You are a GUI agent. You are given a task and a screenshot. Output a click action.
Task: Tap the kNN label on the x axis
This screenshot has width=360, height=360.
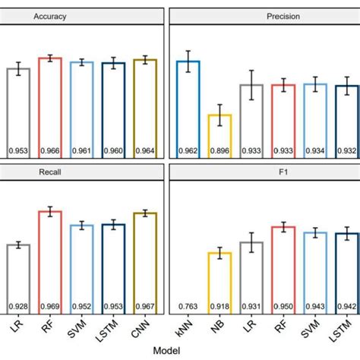[x=188, y=329]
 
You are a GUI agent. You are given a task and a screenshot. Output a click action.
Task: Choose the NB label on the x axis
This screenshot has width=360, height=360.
[x=220, y=328]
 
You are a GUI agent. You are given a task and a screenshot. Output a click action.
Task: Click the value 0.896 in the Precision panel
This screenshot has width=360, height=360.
[x=219, y=150]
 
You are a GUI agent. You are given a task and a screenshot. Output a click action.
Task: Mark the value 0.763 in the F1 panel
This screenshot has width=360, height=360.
[x=188, y=307]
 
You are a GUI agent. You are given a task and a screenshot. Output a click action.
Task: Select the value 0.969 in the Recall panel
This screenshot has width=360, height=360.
[x=50, y=307]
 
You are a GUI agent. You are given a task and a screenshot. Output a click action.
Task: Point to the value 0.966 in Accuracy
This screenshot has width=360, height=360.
[x=50, y=150]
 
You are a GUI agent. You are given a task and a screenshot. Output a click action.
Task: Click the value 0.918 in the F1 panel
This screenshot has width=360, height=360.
[x=219, y=307]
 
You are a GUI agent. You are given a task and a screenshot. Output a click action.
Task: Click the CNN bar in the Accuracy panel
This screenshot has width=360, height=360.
[x=144, y=106]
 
